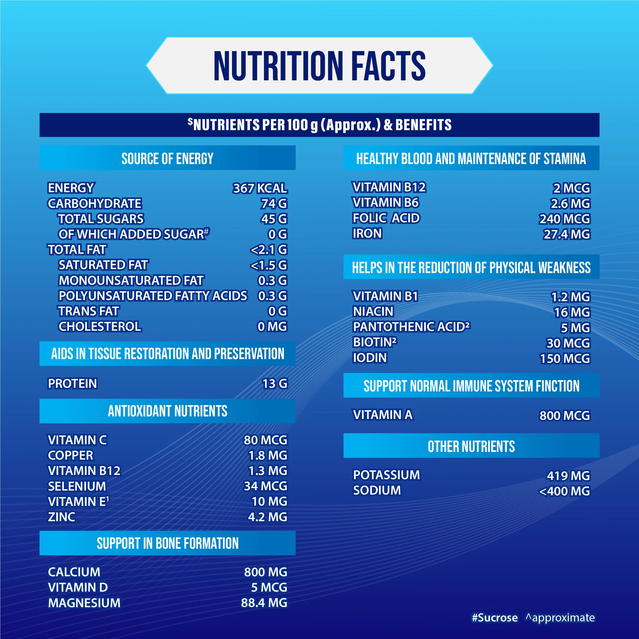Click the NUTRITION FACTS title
point(320,66)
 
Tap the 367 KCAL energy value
point(260,188)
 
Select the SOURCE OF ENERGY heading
point(167,158)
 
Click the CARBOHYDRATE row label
point(95,204)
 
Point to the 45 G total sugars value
point(274,219)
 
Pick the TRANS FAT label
point(89,311)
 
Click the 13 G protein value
point(275,384)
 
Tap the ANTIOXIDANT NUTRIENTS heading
point(167,411)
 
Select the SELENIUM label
point(77,486)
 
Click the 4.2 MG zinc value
point(268,517)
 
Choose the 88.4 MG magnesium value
point(264,603)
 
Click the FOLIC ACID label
point(386,218)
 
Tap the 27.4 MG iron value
point(567,234)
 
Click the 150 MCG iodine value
point(565,359)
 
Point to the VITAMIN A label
point(383,415)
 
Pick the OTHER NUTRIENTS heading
point(471,447)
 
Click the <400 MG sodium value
point(564,491)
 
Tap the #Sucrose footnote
point(495,617)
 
